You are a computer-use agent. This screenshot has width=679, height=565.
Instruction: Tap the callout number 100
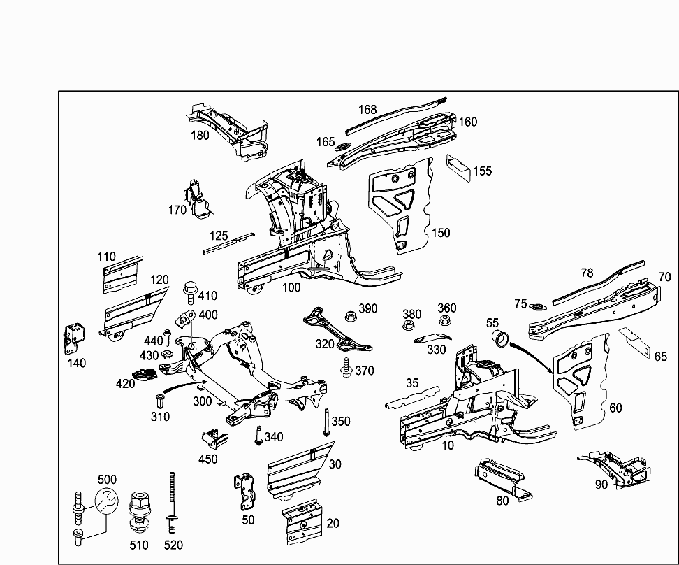(291, 287)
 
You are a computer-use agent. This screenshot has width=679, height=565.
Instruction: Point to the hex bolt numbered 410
(189, 289)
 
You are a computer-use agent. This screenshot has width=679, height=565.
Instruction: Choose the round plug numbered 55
(500, 339)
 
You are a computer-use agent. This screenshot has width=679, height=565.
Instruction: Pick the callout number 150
(440, 233)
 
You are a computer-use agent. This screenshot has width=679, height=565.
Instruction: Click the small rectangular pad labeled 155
(458, 169)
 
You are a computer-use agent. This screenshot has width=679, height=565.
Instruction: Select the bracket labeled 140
(75, 339)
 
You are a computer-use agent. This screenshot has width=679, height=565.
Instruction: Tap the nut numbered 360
(444, 322)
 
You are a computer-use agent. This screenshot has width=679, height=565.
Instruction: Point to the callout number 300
(202, 401)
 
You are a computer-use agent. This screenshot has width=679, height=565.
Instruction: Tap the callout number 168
(367, 109)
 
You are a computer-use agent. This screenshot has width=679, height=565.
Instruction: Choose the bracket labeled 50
(244, 492)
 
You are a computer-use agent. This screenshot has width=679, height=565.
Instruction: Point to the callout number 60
(615, 408)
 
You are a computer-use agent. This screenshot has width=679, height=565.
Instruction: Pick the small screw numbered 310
(159, 402)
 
